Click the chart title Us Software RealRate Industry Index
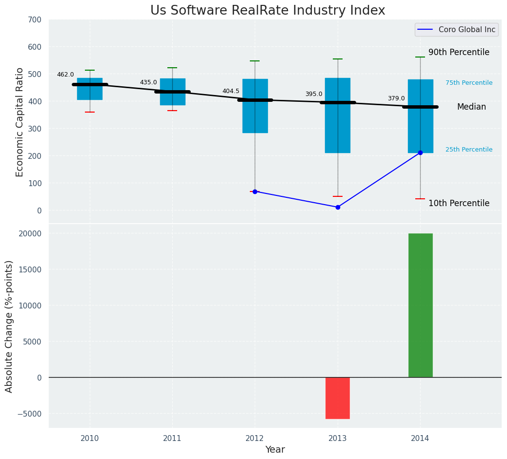pos(267,11)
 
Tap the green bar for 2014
pos(420,306)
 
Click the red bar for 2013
pos(338,398)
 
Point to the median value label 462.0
pos(65,75)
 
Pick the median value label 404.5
pos(231,91)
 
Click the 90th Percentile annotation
pos(459,53)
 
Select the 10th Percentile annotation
pos(459,203)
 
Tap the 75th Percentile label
pos(469,83)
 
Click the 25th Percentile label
pos(469,150)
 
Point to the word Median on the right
pos(471,107)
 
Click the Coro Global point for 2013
pos(338,207)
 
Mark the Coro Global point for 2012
pos(255,191)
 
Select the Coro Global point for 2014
pos(420,153)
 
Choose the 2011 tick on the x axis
pos(172,439)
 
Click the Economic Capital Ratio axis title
pos(20,122)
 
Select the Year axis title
pos(275,450)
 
